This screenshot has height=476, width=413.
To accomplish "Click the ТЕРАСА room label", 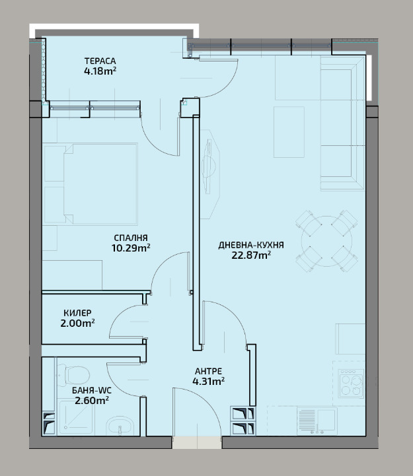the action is point(100,61).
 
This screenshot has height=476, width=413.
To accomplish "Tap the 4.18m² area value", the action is point(100,71).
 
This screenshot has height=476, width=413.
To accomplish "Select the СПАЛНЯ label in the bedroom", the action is point(131,238).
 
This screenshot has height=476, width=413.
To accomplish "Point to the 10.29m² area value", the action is point(131,248).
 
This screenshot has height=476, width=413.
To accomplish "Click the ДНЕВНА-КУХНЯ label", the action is point(251,245).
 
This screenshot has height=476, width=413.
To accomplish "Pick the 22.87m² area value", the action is point(251,255).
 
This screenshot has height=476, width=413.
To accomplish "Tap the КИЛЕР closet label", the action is point(77,313).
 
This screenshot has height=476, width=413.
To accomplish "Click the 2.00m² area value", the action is point(77,323).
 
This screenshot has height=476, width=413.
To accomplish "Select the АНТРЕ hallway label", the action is point(208,371).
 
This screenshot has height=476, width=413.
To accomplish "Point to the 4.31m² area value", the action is point(208,382).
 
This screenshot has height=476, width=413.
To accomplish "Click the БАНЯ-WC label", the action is point(92,390).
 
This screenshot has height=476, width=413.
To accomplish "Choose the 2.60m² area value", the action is point(92,401).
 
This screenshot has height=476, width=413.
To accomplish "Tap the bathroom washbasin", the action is point(120,426).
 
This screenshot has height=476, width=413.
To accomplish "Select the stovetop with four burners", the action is point(352,384).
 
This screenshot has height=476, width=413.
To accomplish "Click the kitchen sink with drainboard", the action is point(317,421).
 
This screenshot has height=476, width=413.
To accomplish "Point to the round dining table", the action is point(326,242).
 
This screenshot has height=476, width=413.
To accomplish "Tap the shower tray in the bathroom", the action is point(76,417).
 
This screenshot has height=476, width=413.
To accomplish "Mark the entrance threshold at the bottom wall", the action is point(197,442).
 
